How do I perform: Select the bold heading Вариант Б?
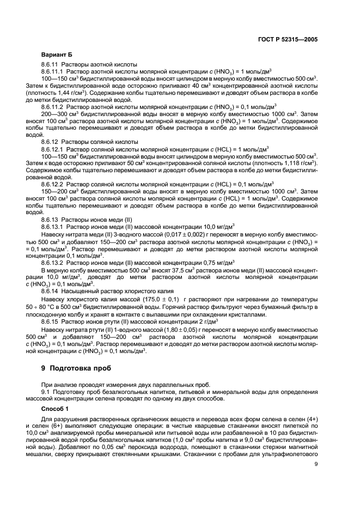(56, 56)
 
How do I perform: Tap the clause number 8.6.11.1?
(54, 71)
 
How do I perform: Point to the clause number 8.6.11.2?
(54, 106)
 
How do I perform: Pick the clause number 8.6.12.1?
(54, 148)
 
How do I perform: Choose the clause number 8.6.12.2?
(54, 184)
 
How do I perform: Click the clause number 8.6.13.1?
(54, 226)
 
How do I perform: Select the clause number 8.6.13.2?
(54, 262)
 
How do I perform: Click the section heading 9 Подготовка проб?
(71, 368)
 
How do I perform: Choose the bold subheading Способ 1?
(56, 408)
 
